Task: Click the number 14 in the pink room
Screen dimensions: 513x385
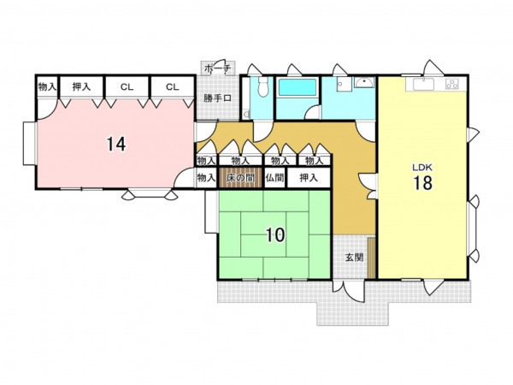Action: click(116, 144)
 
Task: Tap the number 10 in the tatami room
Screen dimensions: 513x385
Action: click(275, 234)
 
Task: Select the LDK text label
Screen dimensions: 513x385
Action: click(422, 168)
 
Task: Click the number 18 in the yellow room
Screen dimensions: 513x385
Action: click(423, 183)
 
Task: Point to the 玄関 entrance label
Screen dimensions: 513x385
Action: click(355, 258)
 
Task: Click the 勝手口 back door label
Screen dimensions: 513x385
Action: click(217, 98)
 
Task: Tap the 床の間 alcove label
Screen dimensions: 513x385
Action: click(240, 178)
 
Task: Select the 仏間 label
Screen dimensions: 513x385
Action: click(274, 178)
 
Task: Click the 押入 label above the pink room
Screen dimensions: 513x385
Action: click(81, 86)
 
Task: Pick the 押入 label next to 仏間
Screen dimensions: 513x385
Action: click(309, 178)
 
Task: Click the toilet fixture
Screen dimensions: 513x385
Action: click(262, 86)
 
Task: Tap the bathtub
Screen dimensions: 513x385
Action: click(298, 86)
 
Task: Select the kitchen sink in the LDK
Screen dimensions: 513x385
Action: click(423, 84)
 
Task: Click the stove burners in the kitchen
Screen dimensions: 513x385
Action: click(451, 84)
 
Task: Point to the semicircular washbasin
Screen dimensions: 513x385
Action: click(364, 82)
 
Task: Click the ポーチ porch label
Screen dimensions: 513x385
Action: click(217, 68)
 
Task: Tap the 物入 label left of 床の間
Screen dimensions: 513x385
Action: click(206, 178)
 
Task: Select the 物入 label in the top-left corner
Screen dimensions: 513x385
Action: click(47, 86)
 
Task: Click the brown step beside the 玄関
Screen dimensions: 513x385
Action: click(372, 258)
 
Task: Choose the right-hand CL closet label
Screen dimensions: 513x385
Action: click(173, 86)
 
